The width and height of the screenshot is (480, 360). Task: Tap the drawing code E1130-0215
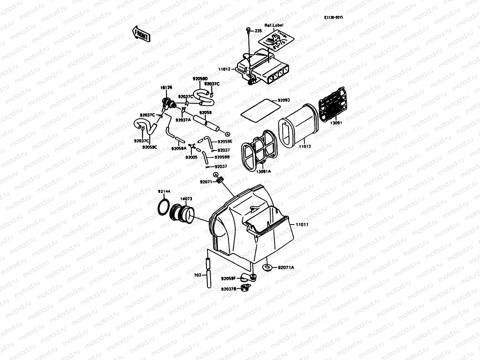(x=333, y=17)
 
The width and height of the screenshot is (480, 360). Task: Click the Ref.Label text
(x=274, y=25)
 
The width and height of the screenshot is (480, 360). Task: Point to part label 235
(x=258, y=31)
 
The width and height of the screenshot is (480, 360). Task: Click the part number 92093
(x=284, y=100)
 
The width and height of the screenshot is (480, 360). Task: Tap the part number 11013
(x=305, y=146)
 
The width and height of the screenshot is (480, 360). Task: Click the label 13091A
(x=264, y=171)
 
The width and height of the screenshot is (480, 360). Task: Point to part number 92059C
(x=150, y=147)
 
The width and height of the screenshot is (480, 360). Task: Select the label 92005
(x=191, y=157)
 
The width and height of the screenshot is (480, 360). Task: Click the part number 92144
(x=164, y=191)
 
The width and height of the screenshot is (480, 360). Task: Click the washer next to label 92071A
(x=266, y=266)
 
